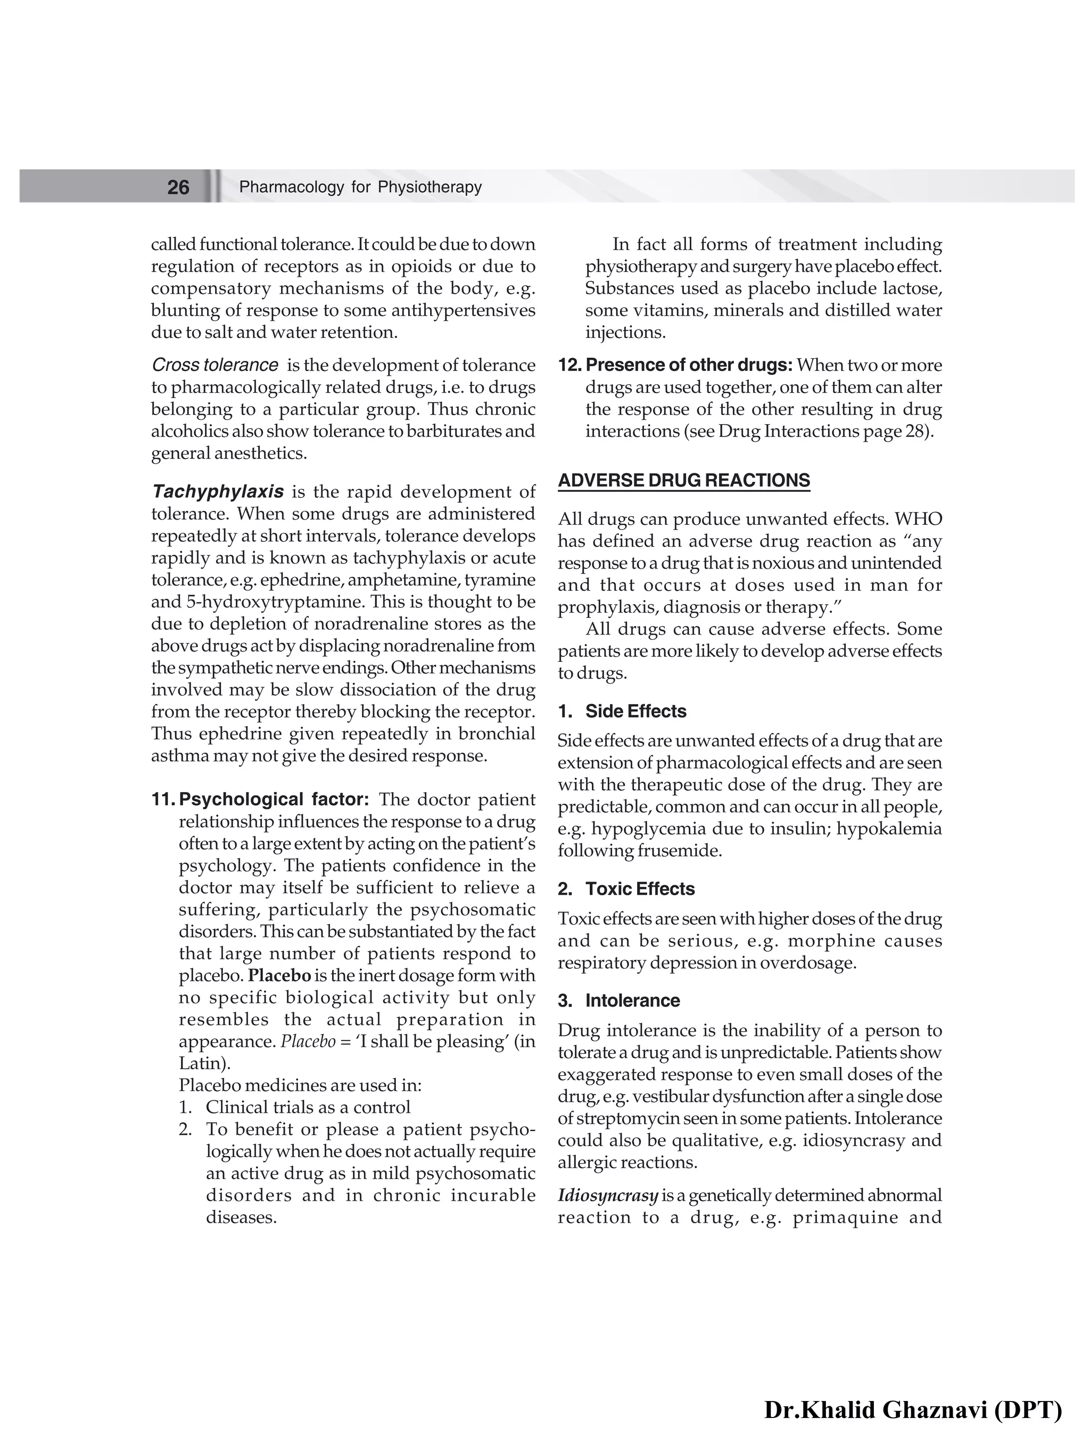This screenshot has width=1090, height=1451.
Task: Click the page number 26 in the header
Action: (178, 187)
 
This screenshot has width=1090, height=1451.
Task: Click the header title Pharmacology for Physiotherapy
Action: (360, 187)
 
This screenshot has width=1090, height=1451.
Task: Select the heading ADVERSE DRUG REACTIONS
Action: (683, 480)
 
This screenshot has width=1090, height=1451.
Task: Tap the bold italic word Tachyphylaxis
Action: (218, 491)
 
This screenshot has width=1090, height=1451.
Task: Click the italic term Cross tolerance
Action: (214, 365)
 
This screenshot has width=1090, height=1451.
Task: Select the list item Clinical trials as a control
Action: (308, 1107)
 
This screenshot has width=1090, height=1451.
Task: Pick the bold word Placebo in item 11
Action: (279, 976)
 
